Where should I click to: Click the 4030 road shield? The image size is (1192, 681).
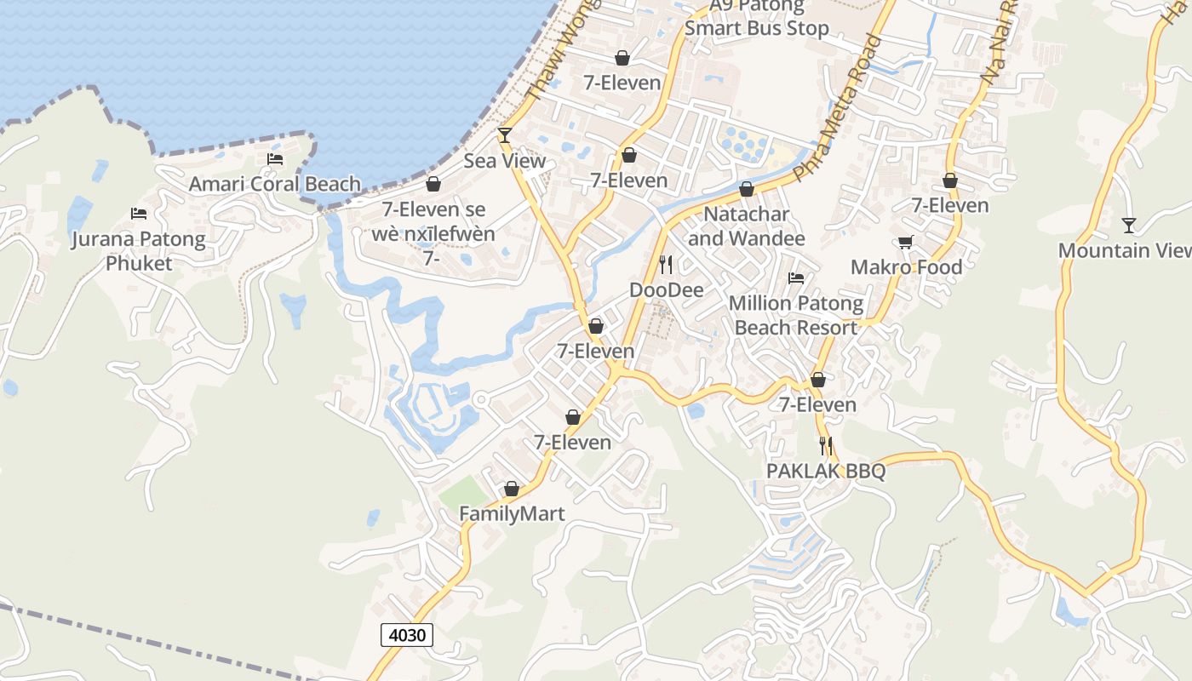[x=406, y=634]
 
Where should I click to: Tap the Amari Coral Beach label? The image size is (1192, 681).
[x=274, y=184]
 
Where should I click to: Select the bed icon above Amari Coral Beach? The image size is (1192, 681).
[x=275, y=158]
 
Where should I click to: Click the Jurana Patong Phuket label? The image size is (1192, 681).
[x=138, y=251]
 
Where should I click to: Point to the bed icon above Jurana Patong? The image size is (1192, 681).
[x=139, y=213]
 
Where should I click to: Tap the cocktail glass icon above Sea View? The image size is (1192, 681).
[x=505, y=134]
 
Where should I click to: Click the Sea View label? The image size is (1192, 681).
[x=505, y=161]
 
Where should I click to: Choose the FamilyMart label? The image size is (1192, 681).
[x=512, y=514]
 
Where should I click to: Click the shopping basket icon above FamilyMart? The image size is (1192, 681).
[x=512, y=489]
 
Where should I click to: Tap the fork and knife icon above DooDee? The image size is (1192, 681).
[x=666, y=265]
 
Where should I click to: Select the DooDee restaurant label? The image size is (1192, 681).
[x=667, y=290]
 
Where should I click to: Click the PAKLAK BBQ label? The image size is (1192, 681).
[x=826, y=471]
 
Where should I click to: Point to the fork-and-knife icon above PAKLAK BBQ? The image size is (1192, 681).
[x=825, y=445]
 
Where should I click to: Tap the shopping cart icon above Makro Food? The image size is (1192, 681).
[x=906, y=242]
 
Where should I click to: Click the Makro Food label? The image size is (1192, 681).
[x=906, y=267]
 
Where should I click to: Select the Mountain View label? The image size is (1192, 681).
[x=1125, y=250]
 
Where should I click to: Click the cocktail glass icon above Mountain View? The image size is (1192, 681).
[x=1129, y=225]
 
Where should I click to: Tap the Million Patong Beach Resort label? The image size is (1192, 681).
[x=796, y=315]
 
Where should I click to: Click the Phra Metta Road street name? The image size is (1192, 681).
[x=838, y=109]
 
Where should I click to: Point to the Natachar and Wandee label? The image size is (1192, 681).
[x=746, y=226]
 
